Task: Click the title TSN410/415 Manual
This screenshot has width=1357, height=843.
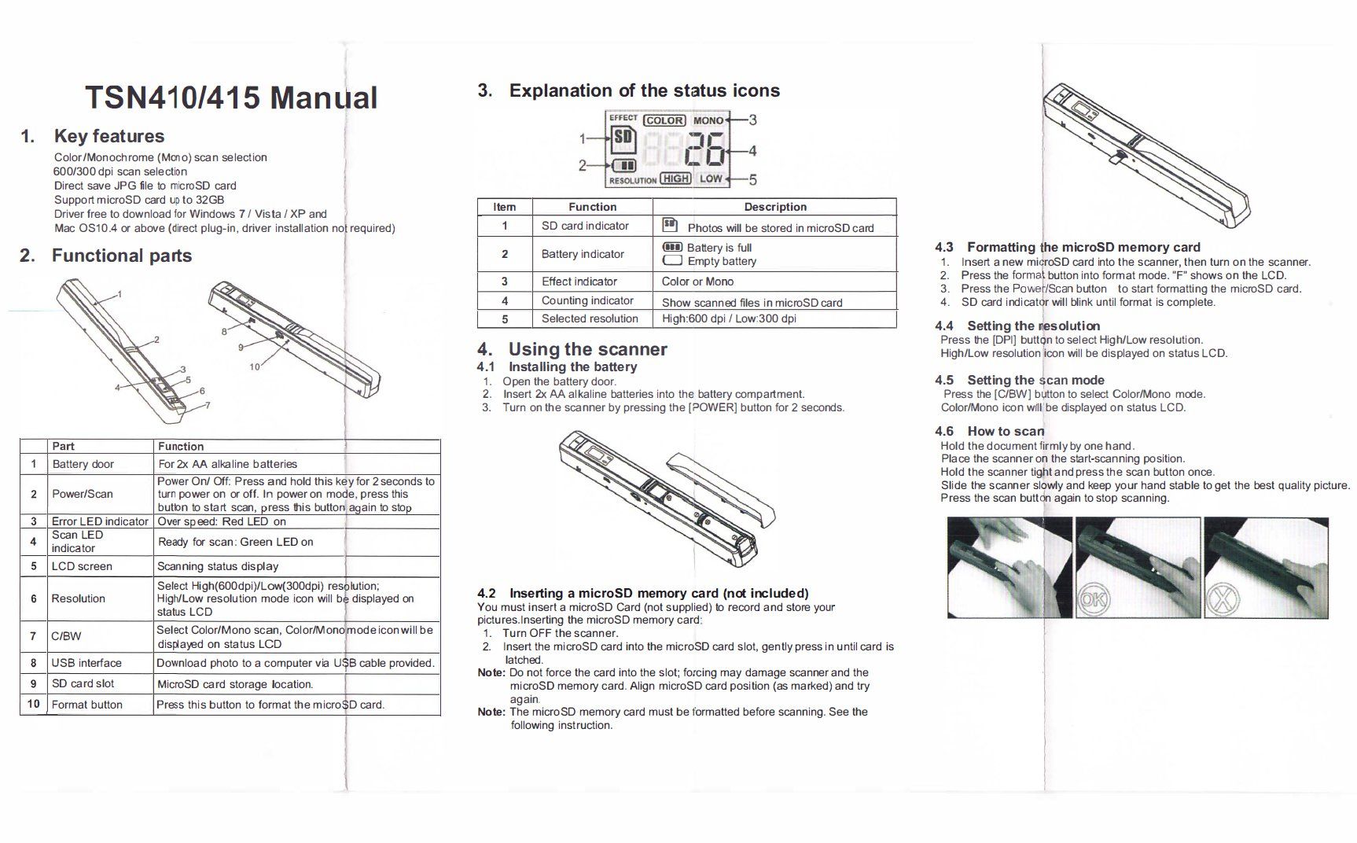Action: (x=231, y=98)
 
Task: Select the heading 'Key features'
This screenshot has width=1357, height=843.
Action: (x=109, y=136)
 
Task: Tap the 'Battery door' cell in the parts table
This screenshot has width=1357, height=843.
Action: (x=83, y=464)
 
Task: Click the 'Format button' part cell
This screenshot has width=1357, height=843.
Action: (x=86, y=705)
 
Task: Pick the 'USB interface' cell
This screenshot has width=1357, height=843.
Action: (x=86, y=663)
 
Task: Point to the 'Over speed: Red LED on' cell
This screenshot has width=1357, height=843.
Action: (x=222, y=521)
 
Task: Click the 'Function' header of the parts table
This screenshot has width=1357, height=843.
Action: (x=181, y=446)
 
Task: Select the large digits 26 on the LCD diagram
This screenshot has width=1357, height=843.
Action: (x=706, y=150)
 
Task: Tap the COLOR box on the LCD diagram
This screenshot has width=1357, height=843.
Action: (x=664, y=120)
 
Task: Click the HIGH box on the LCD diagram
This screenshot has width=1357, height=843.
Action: (x=675, y=179)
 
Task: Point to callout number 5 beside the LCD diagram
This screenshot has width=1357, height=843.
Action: (x=752, y=179)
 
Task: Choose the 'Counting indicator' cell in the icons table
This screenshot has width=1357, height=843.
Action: (x=587, y=300)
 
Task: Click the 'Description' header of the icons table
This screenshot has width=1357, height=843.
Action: (x=775, y=207)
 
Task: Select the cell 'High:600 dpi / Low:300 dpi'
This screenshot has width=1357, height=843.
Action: (x=729, y=318)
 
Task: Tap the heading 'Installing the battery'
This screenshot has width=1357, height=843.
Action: (x=572, y=366)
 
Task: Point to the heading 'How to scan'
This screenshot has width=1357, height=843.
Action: (x=1006, y=431)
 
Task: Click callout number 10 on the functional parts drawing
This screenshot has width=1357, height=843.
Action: (x=255, y=366)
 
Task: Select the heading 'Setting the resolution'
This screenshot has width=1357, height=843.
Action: (x=1033, y=326)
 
